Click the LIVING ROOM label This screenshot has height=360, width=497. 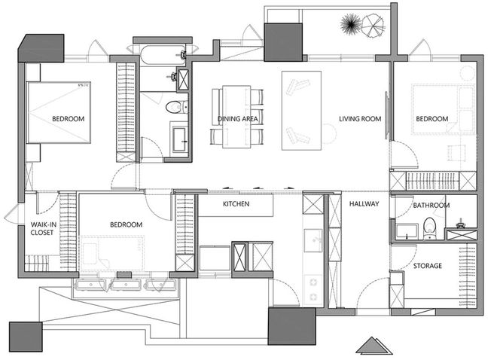tap(360, 119)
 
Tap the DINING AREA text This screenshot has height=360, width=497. tap(237, 119)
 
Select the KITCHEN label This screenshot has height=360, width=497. tap(236, 204)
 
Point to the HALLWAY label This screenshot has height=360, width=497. tap(364, 204)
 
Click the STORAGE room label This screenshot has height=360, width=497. tap(428, 266)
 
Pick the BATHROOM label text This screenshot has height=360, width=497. tap(431, 206)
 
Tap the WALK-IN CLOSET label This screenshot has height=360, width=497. tap(44, 228)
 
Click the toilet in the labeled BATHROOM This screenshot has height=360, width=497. tap(429, 228)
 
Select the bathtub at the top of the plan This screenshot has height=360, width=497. tap(163, 55)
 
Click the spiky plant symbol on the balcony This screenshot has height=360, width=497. tap(351, 24)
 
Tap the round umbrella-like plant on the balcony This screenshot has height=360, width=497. tap(373, 26)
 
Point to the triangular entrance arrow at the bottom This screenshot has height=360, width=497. tap(374, 346)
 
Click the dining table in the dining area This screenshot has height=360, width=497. tap(236, 116)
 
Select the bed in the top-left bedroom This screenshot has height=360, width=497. tap(59, 112)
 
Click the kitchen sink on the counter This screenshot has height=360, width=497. tap(313, 240)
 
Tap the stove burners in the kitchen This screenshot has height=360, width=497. tap(314, 288)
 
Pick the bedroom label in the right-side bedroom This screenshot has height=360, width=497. tap(432, 119)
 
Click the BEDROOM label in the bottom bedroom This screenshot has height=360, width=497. tap(127, 224)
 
